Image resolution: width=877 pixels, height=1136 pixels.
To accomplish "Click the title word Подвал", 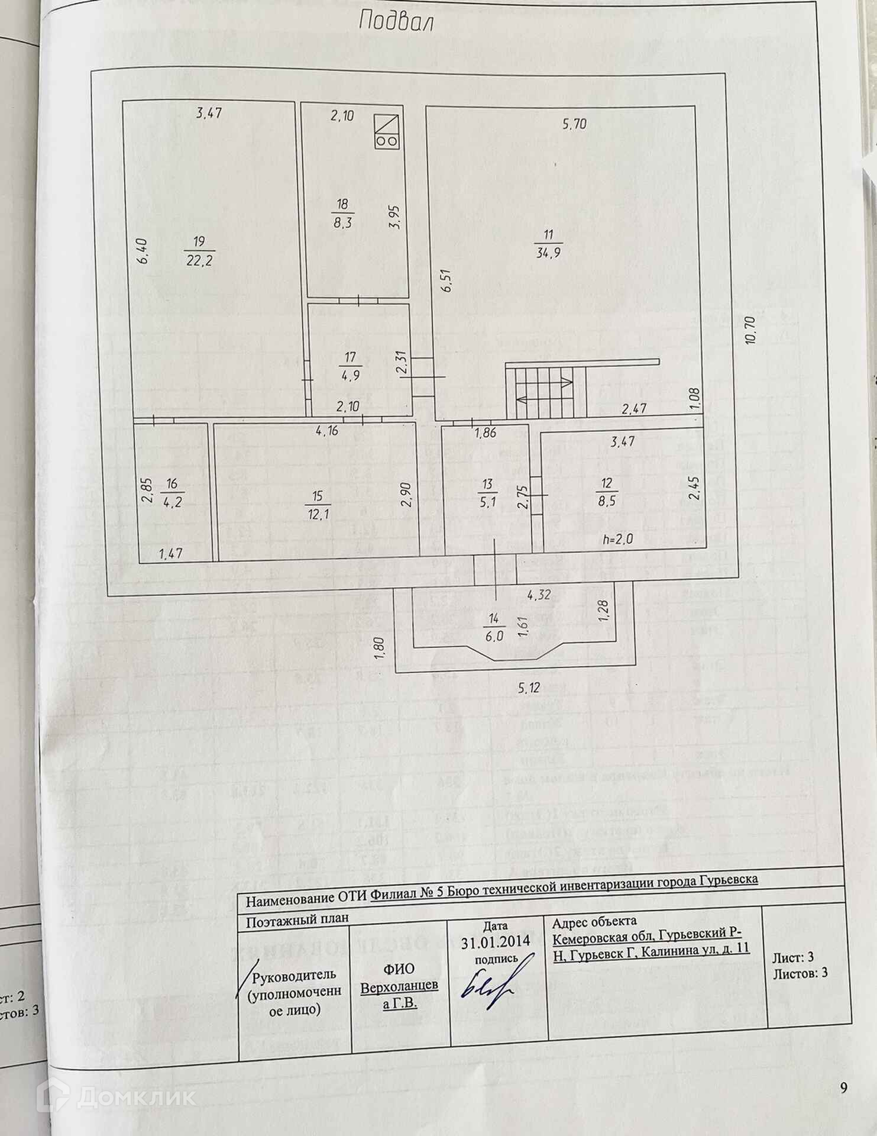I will pos(396,22).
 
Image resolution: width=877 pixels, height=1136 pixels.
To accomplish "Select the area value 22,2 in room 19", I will pos(199,260).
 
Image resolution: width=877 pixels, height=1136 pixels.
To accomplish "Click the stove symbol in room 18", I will pos(387,130).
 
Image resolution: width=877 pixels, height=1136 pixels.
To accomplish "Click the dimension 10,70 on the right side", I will pos(751,330).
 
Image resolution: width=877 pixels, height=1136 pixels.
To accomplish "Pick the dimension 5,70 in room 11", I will pos(574,124).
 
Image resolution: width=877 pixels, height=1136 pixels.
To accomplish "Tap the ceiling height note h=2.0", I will pos(617,539).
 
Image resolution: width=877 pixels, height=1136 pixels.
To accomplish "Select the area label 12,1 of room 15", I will pos(318,515).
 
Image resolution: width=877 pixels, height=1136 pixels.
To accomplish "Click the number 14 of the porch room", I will pos(494,619).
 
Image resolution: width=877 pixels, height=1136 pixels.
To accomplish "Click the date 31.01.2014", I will pos(496,940).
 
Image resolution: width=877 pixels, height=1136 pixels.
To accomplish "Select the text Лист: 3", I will pos(793,957).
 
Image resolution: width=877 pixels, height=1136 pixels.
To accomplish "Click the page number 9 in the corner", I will pos(844,1087).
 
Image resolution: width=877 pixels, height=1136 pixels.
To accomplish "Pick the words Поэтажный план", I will pos(297,918).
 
